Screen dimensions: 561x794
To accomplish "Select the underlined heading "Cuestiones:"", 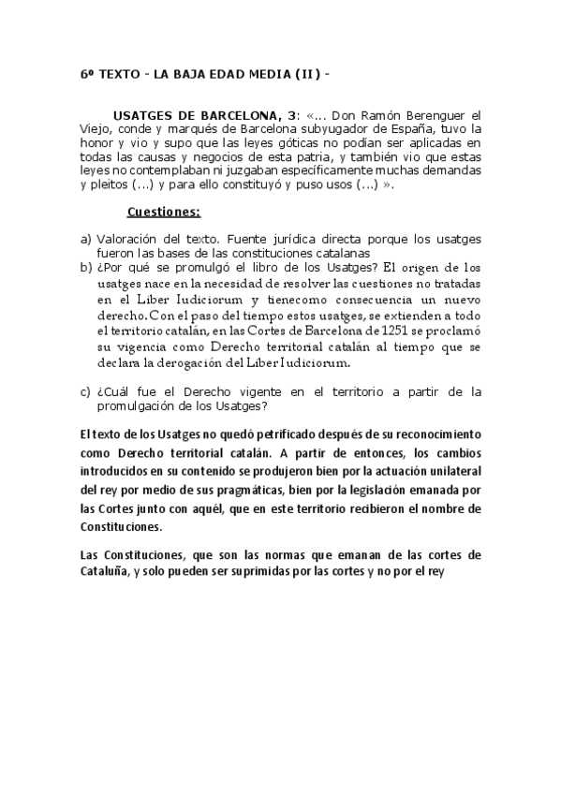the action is pos(164,212).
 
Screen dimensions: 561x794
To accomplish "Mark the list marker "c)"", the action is pos(86,391).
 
